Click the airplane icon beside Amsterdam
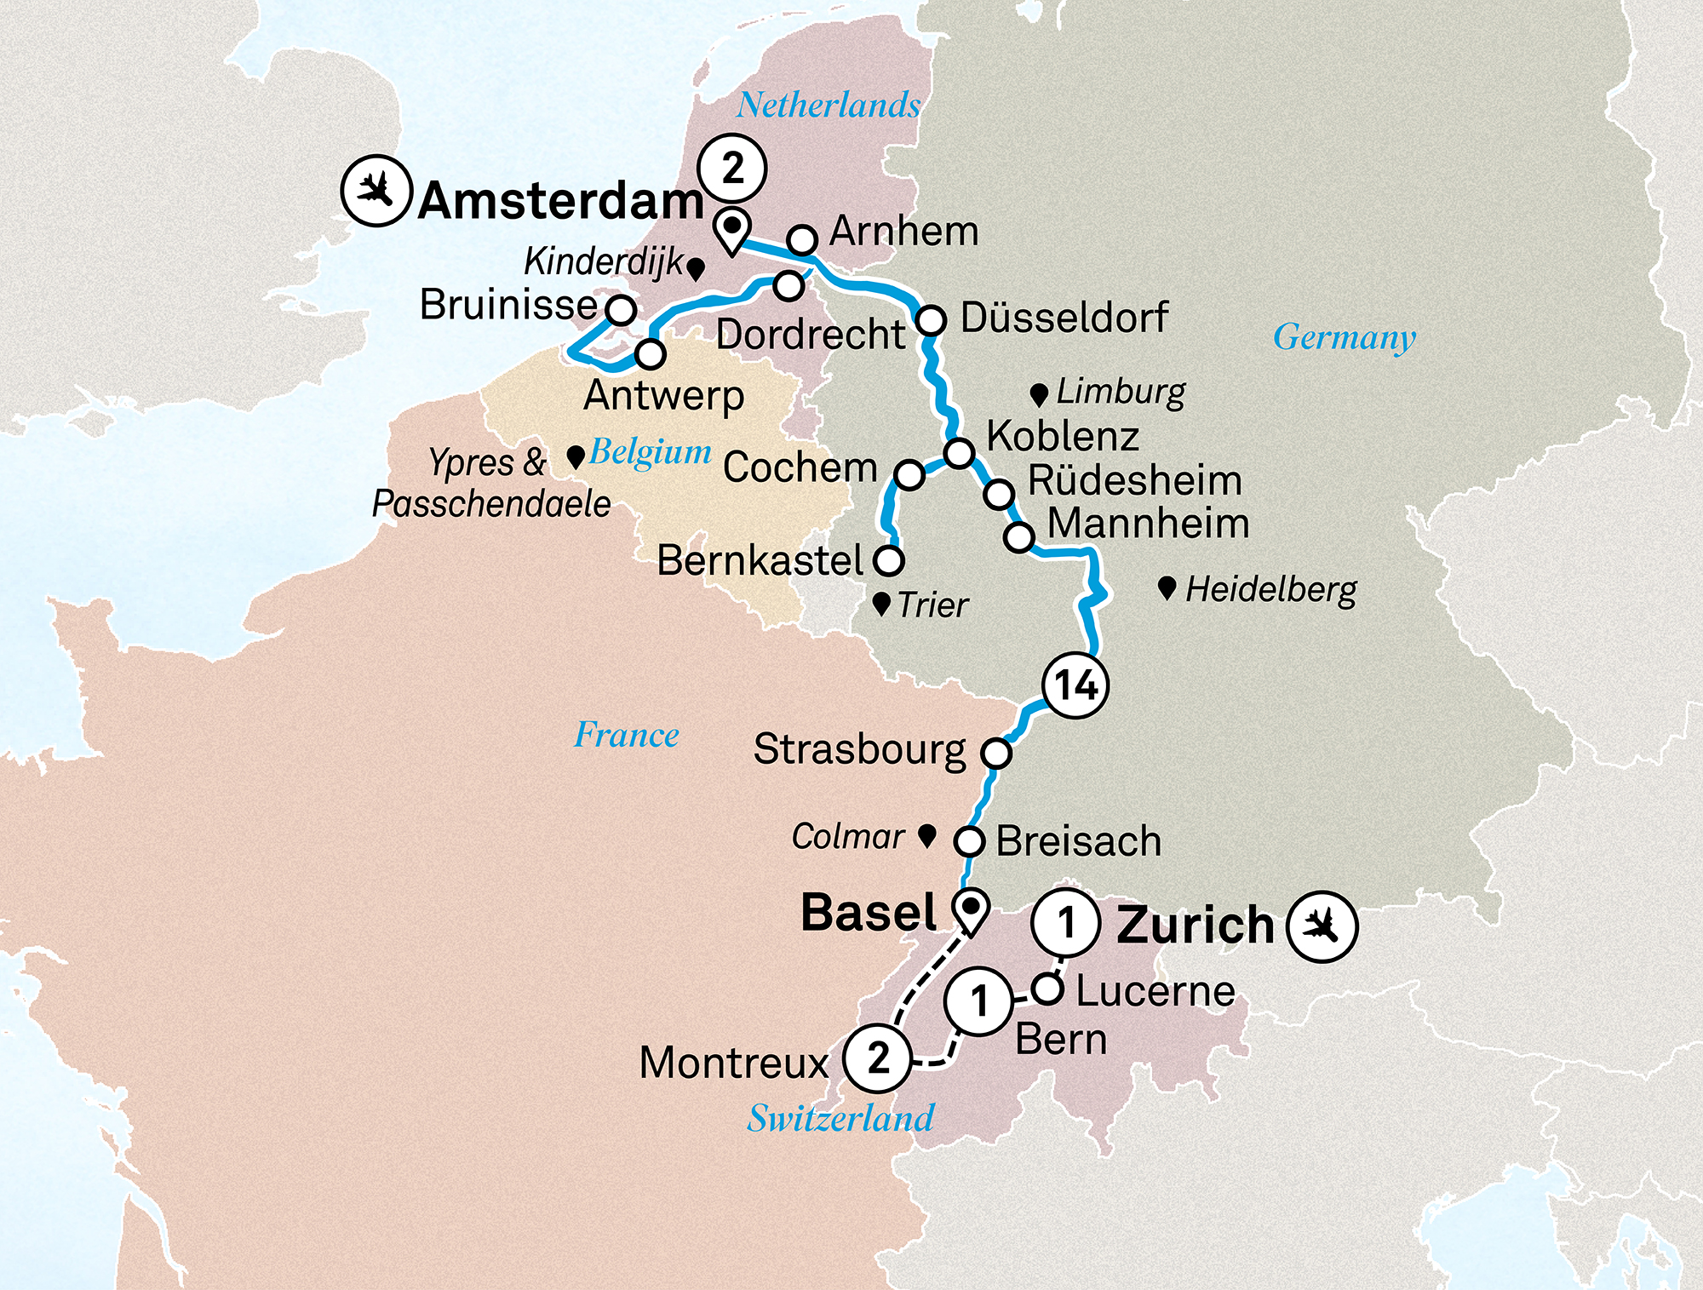click(376, 190)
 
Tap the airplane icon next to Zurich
click(1322, 926)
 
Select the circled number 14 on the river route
click(1075, 685)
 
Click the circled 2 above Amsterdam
click(732, 169)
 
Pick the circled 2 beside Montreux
click(878, 1058)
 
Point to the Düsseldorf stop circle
click(931, 320)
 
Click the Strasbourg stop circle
click(995, 753)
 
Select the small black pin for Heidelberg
click(1167, 588)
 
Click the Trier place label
click(932, 605)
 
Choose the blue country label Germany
click(1344, 337)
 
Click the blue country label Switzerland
click(840, 1118)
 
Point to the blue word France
click(627, 735)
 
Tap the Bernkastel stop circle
click(889, 560)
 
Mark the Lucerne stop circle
click(1047, 989)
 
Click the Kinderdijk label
click(603, 261)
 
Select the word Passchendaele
click(491, 503)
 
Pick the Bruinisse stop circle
click(620, 310)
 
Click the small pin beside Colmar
click(927, 835)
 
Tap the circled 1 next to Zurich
click(1064, 922)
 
